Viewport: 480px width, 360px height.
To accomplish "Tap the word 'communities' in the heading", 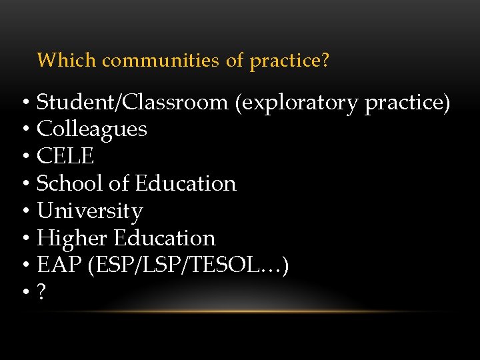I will click(x=160, y=61).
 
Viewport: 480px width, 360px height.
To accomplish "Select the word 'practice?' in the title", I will click(x=289, y=61).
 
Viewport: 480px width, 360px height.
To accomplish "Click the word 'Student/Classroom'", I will click(x=132, y=103).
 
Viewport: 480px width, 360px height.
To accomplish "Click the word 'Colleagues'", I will click(x=92, y=129).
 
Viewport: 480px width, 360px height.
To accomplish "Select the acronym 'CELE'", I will click(x=65, y=157).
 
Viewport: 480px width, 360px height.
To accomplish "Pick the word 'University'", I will click(x=90, y=211).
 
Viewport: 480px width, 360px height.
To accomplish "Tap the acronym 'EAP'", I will click(x=58, y=266).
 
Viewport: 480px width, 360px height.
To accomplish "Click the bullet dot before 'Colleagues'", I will click(x=24, y=130).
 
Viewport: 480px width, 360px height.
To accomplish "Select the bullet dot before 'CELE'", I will click(x=24, y=157).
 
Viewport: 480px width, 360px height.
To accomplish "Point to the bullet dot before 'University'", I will click(x=24, y=212).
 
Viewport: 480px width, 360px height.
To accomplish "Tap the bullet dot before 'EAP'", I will click(x=24, y=267).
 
